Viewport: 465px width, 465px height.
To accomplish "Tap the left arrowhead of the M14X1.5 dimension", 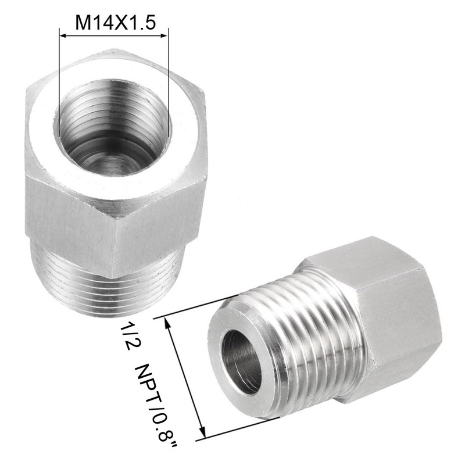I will point(62,36).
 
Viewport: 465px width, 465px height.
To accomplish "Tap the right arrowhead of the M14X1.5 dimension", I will point(164,36).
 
